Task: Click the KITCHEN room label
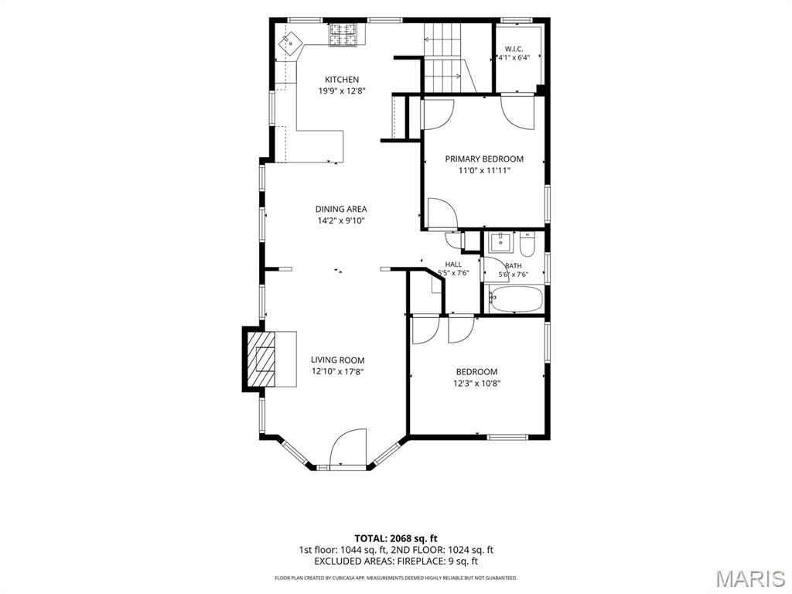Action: click(341, 80)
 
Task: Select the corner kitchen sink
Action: click(291, 43)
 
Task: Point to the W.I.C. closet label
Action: click(514, 49)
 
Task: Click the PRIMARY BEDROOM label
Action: click(484, 159)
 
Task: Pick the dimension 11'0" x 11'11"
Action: click(484, 171)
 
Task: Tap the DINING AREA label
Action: click(341, 209)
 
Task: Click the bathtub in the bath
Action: click(515, 299)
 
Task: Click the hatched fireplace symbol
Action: click(261, 359)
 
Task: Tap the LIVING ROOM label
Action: click(337, 360)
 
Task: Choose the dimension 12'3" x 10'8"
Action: click(476, 384)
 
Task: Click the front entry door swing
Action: click(347, 448)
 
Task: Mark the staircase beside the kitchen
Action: click(448, 57)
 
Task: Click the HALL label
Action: click(453, 265)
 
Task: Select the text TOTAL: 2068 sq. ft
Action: click(395, 538)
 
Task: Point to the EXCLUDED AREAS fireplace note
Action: click(395, 562)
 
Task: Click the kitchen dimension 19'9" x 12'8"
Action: click(341, 91)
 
